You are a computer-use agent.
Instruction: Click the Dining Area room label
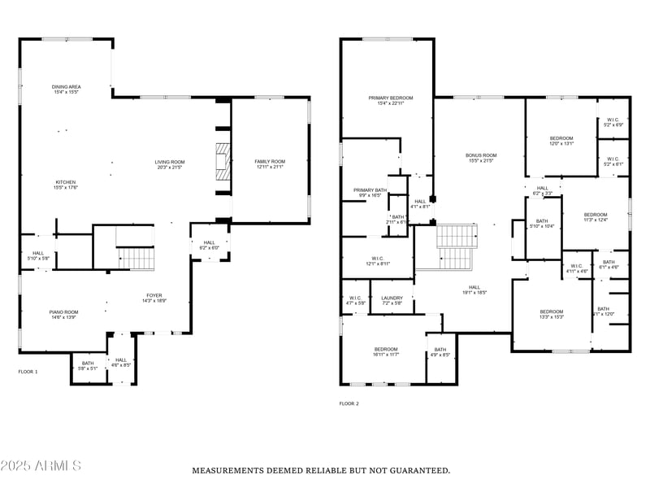(x=66, y=89)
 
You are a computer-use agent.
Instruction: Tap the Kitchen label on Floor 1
(x=66, y=185)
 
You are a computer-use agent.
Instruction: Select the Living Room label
(x=170, y=164)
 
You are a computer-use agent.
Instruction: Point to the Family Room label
(x=270, y=164)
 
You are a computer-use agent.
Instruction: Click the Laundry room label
(x=392, y=300)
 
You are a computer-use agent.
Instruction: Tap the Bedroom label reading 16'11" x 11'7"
(x=386, y=351)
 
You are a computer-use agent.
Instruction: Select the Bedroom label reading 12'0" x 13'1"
(x=561, y=141)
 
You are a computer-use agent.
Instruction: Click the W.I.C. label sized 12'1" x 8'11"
(x=376, y=261)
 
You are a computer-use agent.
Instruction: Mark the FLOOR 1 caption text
(x=28, y=372)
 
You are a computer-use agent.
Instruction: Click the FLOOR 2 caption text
(x=349, y=403)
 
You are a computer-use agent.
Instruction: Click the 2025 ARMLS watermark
(x=41, y=466)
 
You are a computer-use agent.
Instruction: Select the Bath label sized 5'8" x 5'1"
(x=89, y=366)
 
